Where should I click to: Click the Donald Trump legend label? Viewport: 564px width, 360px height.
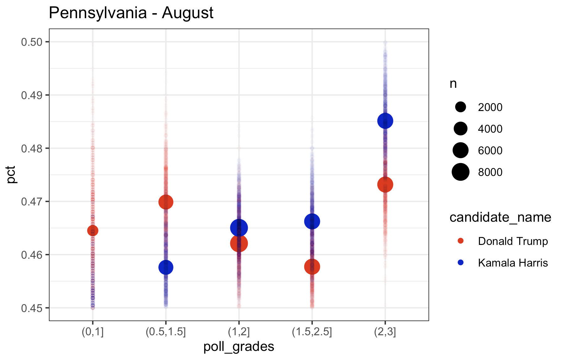click(x=513, y=241)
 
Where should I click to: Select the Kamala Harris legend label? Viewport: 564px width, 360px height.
click(x=513, y=263)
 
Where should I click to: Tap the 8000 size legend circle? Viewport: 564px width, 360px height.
click(x=460, y=172)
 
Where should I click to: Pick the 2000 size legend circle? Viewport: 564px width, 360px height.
click(x=460, y=107)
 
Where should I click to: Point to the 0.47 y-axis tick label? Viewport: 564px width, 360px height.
click(x=31, y=202)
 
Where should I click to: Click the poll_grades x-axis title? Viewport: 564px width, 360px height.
click(x=239, y=347)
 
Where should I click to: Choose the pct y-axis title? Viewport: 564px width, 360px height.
click(x=12, y=175)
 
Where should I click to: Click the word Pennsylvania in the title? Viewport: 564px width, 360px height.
click(x=98, y=13)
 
